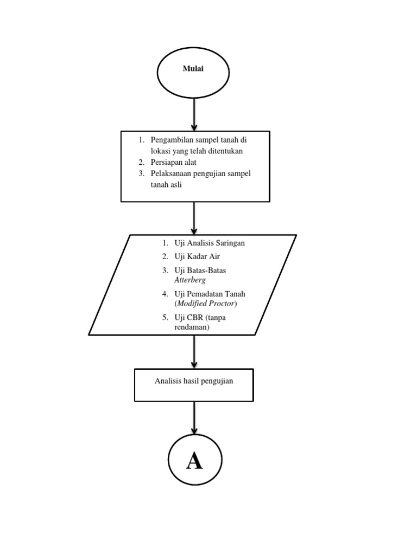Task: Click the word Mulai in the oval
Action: (x=193, y=69)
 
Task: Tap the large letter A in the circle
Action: (x=194, y=461)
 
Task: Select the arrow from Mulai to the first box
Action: (x=194, y=114)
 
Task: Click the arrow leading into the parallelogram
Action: (x=194, y=218)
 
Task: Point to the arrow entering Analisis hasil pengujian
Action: (x=194, y=352)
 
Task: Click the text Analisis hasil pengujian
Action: (x=194, y=381)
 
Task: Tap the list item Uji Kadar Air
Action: (x=197, y=256)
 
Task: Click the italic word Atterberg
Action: (x=190, y=280)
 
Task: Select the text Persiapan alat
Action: (x=174, y=162)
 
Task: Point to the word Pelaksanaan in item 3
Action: (x=172, y=173)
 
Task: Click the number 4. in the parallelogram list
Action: (x=165, y=294)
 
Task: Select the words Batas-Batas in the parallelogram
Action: (x=206, y=270)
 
